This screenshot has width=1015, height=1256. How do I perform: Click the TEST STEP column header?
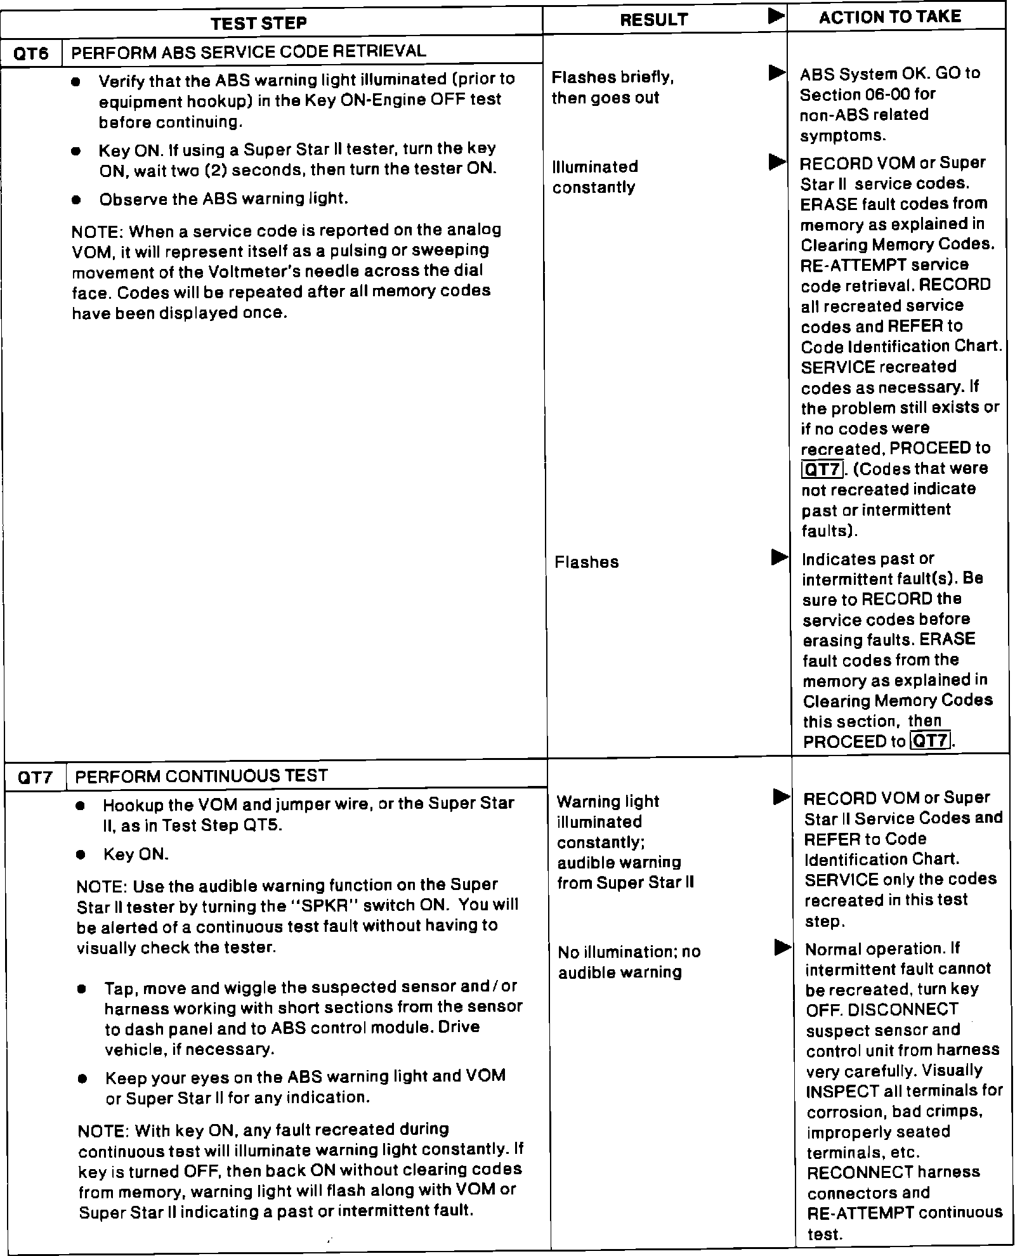[x=258, y=23]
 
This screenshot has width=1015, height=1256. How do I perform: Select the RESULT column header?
[x=653, y=20]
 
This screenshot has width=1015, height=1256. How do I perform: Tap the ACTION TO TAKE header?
[x=889, y=16]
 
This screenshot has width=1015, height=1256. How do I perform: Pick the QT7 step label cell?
[x=35, y=777]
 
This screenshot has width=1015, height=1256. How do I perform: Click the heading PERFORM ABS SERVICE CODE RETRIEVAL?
[x=249, y=51]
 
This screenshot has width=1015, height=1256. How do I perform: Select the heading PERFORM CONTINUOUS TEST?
[x=201, y=776]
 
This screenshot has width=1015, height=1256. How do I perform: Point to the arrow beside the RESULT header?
[x=776, y=16]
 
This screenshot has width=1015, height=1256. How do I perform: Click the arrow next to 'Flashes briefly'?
[x=777, y=73]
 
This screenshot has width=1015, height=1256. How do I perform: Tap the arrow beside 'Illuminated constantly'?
[x=777, y=162]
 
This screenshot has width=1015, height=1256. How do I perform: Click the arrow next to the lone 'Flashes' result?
[x=779, y=558]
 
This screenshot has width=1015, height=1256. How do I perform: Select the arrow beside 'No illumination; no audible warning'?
[x=783, y=948]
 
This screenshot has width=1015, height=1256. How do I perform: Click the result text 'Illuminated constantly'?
[x=594, y=177]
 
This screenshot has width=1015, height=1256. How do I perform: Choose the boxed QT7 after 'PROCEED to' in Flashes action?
[x=929, y=741]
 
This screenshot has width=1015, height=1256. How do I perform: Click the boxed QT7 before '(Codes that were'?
[x=822, y=469]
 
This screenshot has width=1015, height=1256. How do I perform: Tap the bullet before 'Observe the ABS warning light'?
[x=76, y=200]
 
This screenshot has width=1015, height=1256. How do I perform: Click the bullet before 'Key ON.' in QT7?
[x=81, y=855]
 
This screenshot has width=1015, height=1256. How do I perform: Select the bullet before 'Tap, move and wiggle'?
[x=82, y=989]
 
